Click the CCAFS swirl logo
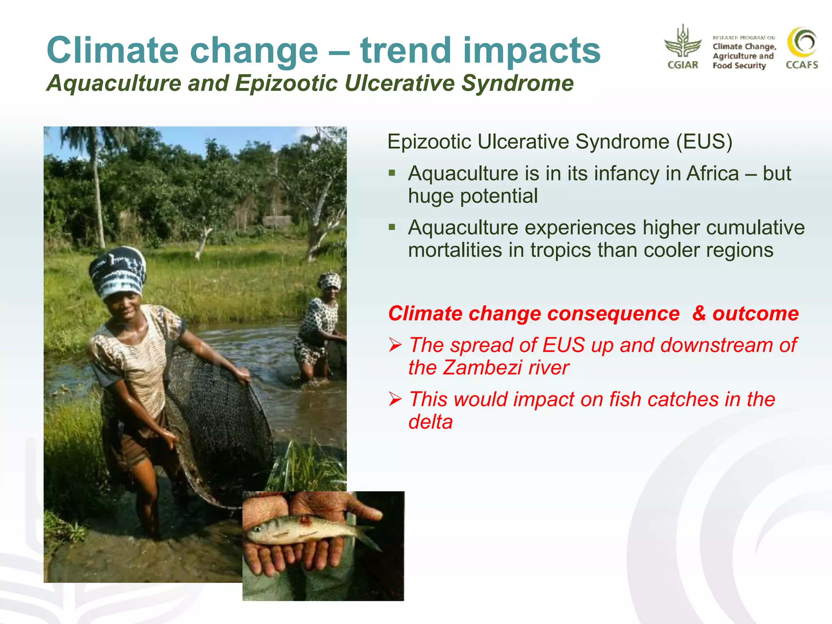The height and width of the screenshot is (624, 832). [802, 43]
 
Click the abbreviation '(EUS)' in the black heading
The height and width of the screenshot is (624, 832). [704, 142]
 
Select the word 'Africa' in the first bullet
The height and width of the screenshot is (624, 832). [712, 173]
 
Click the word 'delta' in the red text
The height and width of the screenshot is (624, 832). [430, 422]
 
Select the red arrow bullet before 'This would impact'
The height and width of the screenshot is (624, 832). [395, 399]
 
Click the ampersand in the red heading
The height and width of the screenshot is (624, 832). [699, 314]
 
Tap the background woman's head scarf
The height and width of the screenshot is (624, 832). [329, 281]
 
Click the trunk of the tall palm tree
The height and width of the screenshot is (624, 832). [97, 195]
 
